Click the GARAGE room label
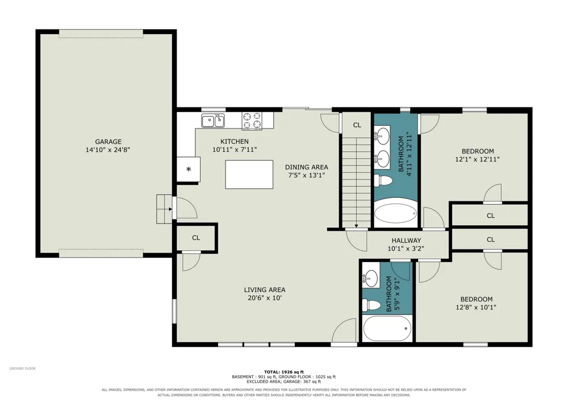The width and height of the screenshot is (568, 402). tap(108, 142)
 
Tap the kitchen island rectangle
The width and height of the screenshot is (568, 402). tap(249, 175)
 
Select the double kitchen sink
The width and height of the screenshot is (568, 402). tap(213, 121)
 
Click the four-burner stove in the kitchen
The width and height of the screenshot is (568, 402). tap(252, 121)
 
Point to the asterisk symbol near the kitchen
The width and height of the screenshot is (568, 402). tap(189, 169)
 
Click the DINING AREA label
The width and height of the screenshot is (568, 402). tap(307, 167)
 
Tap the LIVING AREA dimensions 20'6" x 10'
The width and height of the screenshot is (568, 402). tap(265, 298)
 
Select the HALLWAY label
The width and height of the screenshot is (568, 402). tap(406, 241)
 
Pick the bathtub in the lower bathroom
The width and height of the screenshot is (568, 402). tap(387, 329)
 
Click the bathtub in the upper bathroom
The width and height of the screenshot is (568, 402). tap(395, 213)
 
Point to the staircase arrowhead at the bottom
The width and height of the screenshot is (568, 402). tap(357, 226)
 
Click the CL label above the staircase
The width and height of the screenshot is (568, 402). tap(357, 125)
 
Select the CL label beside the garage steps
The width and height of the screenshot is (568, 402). tap(196, 238)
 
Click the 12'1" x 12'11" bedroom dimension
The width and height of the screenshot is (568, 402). tap(478, 159)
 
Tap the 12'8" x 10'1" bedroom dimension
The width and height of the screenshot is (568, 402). tap(476, 308)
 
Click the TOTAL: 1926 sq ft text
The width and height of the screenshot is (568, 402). tap(284, 372)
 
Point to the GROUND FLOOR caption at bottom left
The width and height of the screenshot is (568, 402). tap(23, 368)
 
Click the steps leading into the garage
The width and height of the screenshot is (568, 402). tap(164, 209)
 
